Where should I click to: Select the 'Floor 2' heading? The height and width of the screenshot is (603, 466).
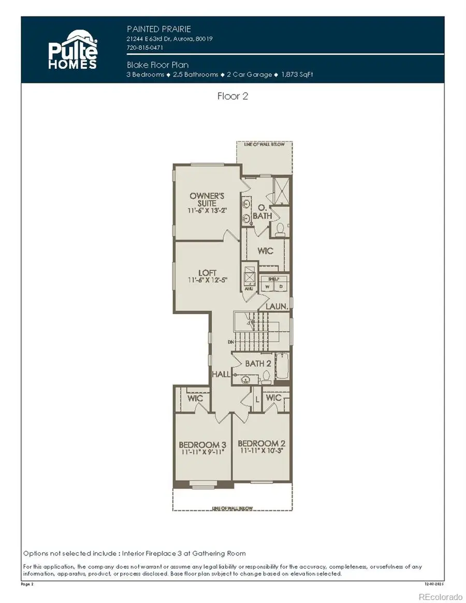click(232, 96)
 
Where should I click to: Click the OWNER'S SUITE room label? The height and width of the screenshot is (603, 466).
click(207, 200)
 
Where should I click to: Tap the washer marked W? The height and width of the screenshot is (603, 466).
click(268, 286)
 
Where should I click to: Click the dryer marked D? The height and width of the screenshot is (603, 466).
click(280, 286)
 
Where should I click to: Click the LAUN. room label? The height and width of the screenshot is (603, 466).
click(276, 306)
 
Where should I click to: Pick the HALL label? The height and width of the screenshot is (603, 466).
click(221, 374)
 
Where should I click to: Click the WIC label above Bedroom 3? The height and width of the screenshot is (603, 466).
click(195, 399)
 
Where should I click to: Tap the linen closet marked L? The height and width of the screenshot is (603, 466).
click(257, 400)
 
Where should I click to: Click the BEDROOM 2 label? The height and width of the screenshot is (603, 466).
click(261, 444)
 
